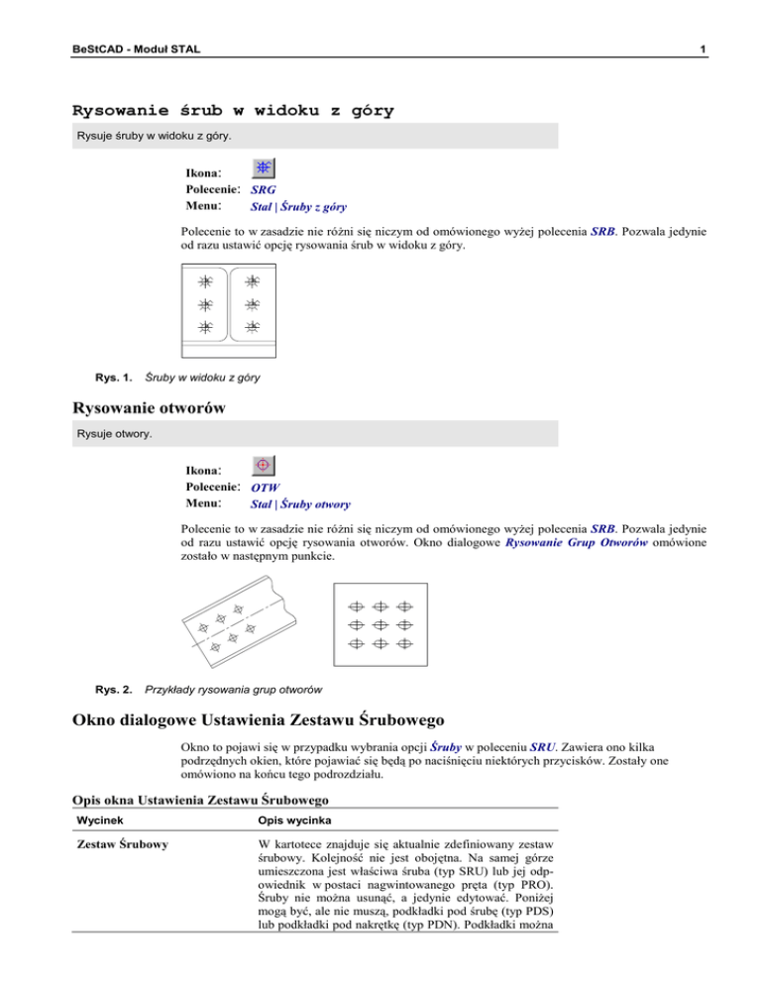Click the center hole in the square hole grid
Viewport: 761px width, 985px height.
pos(380,625)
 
